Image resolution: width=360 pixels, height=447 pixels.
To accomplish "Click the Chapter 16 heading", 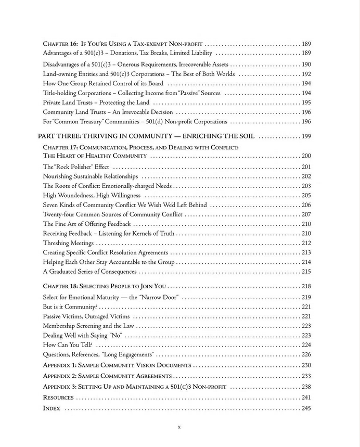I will [123, 44].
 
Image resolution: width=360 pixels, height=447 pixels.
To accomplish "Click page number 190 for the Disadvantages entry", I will [306, 65].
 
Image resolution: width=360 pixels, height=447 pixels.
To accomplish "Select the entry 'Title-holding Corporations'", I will [132, 93].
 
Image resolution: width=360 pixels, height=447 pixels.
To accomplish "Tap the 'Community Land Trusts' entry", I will [108, 112].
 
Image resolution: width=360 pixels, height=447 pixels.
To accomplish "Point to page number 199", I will [306, 136].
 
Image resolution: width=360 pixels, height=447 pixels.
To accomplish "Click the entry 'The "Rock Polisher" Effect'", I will [76, 167].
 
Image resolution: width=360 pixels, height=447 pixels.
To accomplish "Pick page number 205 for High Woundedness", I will [306, 195].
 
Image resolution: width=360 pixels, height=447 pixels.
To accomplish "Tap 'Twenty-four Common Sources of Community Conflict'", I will [112, 214].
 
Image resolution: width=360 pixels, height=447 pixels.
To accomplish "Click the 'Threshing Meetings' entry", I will [68, 243].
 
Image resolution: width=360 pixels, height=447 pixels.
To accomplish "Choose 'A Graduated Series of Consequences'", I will [89, 272].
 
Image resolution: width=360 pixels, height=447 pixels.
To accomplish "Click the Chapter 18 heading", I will [105, 286].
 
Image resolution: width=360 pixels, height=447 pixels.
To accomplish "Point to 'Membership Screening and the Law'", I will [87, 326].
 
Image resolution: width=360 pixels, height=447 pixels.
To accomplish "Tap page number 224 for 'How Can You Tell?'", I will [306, 344].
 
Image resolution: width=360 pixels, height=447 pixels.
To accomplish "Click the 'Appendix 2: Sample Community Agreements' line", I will [107, 376].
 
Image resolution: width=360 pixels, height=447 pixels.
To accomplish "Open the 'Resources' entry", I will [58, 398].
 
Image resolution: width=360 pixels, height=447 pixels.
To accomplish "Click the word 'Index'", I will [51, 408].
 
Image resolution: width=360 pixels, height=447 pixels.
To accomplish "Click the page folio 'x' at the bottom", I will [179, 427].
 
